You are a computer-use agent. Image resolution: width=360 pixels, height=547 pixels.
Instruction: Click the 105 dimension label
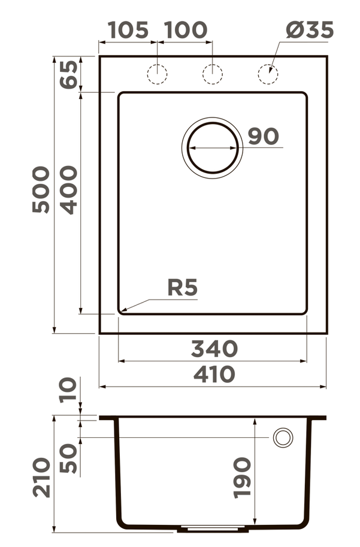click(128, 30)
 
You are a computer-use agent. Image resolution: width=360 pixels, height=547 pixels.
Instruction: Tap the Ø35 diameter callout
click(309, 30)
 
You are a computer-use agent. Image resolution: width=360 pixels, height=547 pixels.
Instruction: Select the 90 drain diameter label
click(263, 137)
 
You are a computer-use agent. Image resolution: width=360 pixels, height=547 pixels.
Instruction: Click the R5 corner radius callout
click(182, 288)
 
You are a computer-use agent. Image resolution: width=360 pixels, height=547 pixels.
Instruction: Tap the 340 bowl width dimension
click(214, 348)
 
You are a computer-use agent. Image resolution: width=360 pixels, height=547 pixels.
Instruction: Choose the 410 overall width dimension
click(214, 374)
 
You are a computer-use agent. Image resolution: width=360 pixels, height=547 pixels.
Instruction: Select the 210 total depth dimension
click(41, 477)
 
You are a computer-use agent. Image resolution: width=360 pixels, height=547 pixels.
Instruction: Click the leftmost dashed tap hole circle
click(157, 74)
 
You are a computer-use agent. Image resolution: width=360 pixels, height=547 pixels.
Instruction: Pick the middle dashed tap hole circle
click(213, 74)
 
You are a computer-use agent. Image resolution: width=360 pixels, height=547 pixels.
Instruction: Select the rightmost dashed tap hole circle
click(268, 74)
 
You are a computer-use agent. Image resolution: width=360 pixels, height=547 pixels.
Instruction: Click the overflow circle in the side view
click(283, 437)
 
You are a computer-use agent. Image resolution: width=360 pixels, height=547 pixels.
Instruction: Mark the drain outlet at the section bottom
click(213, 529)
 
